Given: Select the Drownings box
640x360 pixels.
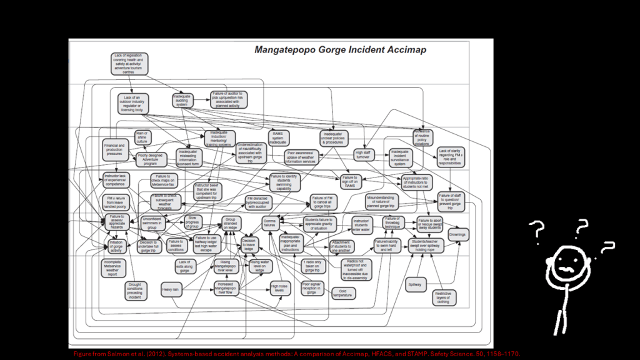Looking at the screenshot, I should click(457, 235).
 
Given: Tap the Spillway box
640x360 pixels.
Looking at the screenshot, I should click(414, 284).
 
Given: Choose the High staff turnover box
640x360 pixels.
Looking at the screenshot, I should click(363, 154).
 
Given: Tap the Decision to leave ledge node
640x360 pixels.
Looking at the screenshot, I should click(249, 244).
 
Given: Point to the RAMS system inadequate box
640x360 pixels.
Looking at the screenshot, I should click(278, 137).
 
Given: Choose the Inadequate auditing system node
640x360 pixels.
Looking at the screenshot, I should click(183, 100).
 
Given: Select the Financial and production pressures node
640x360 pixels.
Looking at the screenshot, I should click(114, 151).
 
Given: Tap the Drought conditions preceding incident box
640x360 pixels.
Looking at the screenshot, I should click(136, 290).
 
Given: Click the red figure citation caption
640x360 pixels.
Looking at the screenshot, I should click(296, 353).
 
